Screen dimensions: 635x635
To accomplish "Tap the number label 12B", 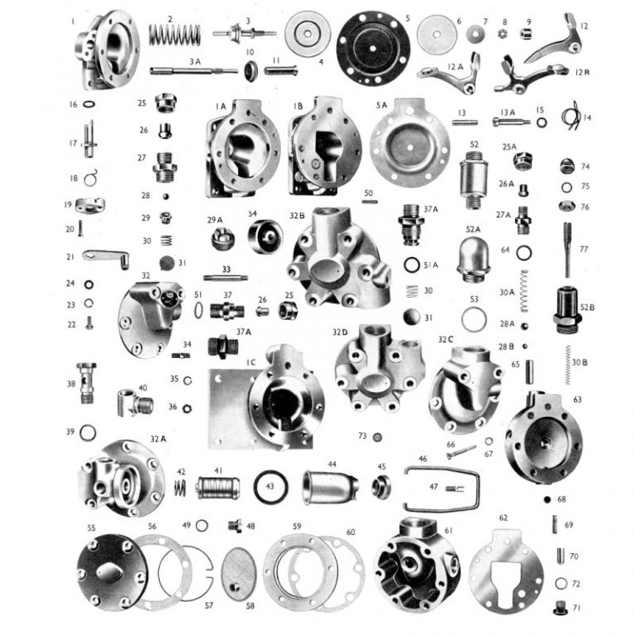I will (x=582, y=72).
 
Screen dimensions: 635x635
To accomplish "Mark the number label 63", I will (x=577, y=399).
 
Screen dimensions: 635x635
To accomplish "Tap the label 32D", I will (x=340, y=332).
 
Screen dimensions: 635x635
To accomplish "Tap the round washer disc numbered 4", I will (x=308, y=33).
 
